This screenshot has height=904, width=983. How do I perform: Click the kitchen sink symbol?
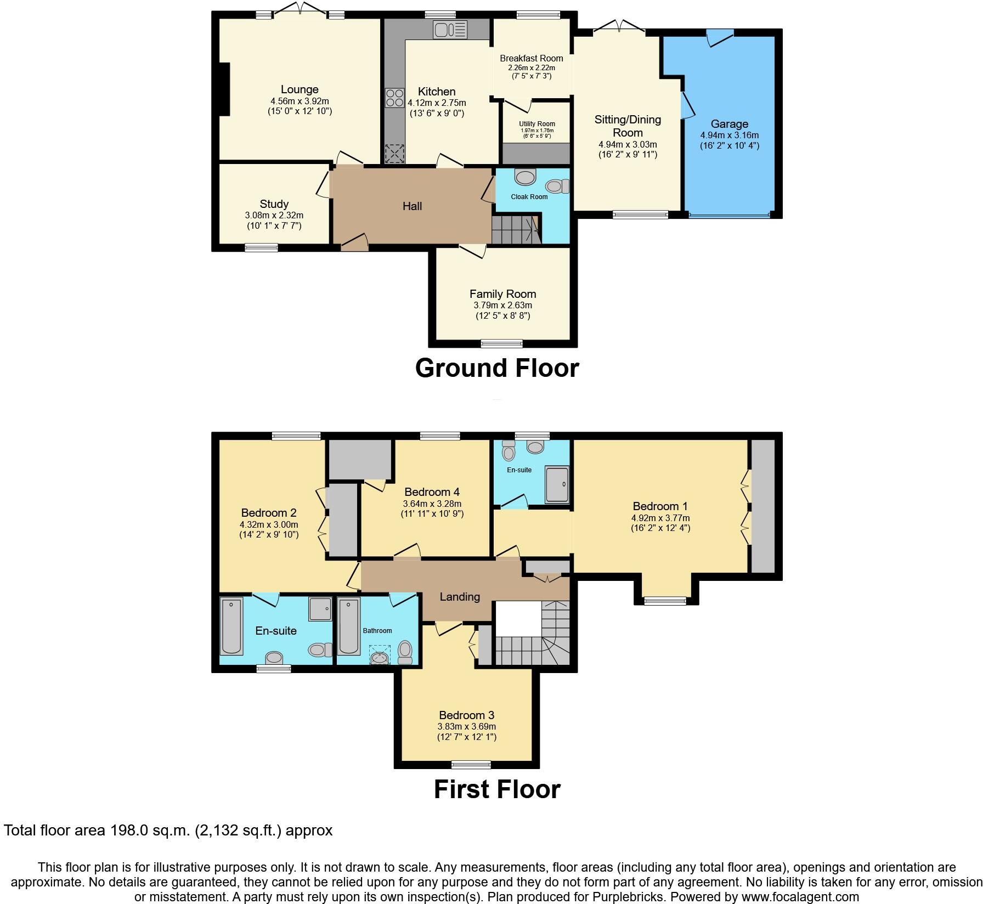(450, 30)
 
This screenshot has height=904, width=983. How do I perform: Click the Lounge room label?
(300, 89)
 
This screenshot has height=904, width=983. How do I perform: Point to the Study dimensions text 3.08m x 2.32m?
(274, 216)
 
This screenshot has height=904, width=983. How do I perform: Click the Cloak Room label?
(529, 197)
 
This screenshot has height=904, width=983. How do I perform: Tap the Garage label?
(729, 124)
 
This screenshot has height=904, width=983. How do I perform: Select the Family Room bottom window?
(502, 344)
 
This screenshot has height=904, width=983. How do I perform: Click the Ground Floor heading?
(497, 368)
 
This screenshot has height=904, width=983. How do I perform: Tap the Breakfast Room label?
(531, 59)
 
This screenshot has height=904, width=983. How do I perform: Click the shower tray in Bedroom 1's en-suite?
(557, 484)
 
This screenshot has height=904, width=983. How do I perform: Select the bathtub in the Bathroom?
(349, 626)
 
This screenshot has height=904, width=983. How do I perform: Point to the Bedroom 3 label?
(466, 715)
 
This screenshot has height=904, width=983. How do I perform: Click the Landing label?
(460, 597)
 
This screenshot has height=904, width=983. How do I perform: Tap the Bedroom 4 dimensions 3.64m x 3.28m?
(432, 504)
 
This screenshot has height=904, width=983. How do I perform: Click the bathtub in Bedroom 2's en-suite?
(231, 626)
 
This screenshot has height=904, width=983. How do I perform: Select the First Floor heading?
(497, 789)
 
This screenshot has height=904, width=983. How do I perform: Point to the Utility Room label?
(537, 124)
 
